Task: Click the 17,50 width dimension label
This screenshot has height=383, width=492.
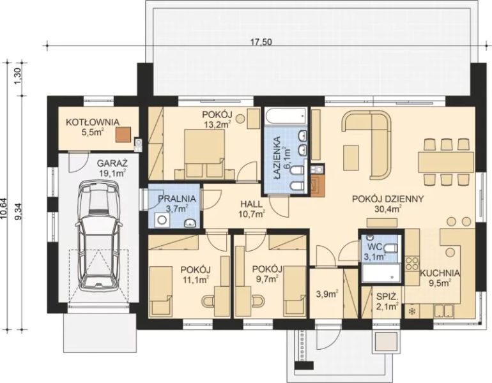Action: pyautogui.click(x=261, y=41)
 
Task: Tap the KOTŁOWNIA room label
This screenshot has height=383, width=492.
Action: pyautogui.click(x=92, y=122)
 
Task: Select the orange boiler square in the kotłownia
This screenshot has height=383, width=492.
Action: pyautogui.click(x=123, y=134)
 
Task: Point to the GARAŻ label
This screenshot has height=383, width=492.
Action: pyautogui.click(x=112, y=163)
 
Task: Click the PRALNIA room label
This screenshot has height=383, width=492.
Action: pyautogui.click(x=176, y=199)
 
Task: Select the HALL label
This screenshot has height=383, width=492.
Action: pyautogui.click(x=251, y=204)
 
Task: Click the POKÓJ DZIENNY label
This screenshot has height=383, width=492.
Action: pyautogui.click(x=388, y=199)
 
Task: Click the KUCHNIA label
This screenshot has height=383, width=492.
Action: pyautogui.click(x=440, y=273)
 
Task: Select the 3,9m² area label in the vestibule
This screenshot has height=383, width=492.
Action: pyautogui.click(x=327, y=294)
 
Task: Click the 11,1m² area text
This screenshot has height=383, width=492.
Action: pyautogui.click(x=196, y=279)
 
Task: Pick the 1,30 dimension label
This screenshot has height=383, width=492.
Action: pyautogui.click(x=18, y=76)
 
